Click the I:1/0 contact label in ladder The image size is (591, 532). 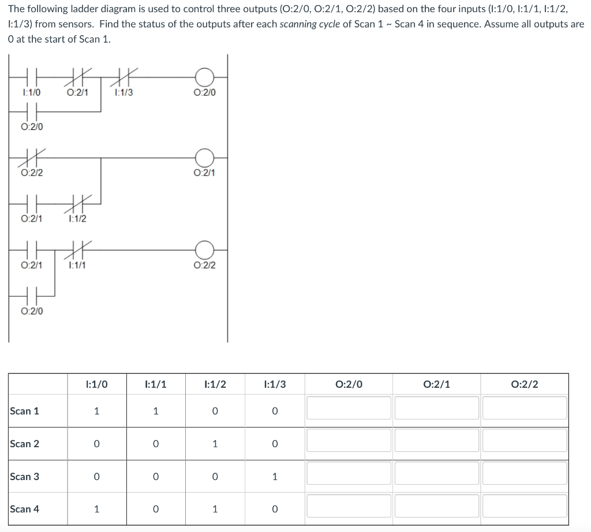pos(31,92)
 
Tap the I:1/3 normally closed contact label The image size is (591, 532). pos(124,92)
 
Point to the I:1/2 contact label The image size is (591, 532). pos(77,219)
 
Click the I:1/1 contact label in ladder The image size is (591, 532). pos(77,265)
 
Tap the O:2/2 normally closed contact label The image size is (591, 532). pos(31,173)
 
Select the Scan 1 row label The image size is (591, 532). pos(25,411)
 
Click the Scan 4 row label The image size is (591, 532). pos(25,509)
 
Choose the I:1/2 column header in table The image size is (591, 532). pos(215,384)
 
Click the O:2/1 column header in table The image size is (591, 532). pos(436,384)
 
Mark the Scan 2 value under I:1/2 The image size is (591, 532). pos(215,444)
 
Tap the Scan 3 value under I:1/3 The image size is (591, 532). pos(274,477)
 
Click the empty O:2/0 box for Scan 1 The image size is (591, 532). pos(349,409)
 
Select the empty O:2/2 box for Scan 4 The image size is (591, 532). pos(525,507)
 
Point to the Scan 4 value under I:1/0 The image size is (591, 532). pos(96,509)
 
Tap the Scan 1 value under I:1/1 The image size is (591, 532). pos(155,411)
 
